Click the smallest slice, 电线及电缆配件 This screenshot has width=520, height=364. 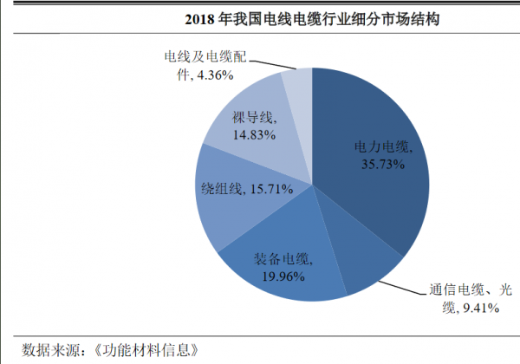point(297,87)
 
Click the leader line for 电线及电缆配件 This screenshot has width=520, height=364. point(276,65)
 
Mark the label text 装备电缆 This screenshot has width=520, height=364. point(281,258)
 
